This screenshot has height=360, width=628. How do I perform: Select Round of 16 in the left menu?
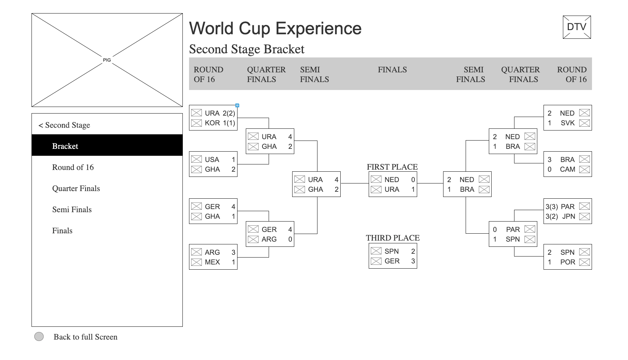point(73,167)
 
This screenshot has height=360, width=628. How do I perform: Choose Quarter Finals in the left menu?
point(76,188)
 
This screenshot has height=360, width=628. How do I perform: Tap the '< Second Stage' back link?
point(64,125)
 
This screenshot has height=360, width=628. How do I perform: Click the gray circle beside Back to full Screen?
point(39,336)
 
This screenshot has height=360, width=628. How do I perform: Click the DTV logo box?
point(577,27)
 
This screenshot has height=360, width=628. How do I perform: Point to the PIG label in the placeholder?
point(107,60)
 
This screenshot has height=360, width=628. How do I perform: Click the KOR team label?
point(212,123)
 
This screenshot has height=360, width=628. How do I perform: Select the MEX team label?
point(212,262)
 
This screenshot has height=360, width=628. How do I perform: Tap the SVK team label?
point(568,123)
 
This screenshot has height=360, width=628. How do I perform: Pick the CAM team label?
point(567,169)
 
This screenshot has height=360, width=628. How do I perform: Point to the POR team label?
point(568,262)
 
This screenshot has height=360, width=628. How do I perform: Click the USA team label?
point(212,160)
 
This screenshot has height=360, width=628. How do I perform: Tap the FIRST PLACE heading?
point(392,167)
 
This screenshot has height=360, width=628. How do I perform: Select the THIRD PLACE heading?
point(393,238)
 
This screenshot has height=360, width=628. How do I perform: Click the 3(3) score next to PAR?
point(552,207)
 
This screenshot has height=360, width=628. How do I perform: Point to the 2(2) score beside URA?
point(229,113)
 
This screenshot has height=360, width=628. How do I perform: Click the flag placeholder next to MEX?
point(196,262)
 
